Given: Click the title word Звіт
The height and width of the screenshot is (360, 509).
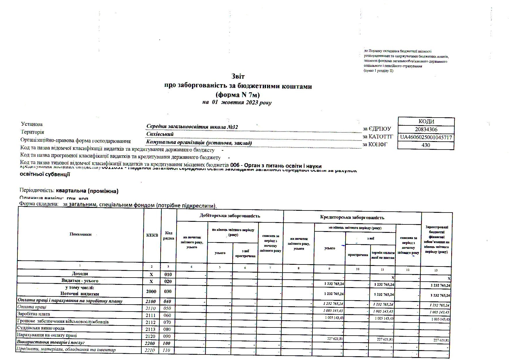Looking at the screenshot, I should click(x=238, y=76).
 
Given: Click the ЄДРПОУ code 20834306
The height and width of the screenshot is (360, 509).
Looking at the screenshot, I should click(x=426, y=129).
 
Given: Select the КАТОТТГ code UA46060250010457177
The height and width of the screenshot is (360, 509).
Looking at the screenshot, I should click(x=426, y=137).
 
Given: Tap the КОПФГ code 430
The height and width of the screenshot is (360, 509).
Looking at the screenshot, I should click(x=426, y=145).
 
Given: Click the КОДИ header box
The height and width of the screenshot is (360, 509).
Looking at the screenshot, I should click(x=426, y=121).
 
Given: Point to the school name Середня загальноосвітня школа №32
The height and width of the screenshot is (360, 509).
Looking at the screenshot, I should click(x=192, y=127).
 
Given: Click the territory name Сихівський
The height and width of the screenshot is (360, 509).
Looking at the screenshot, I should click(x=160, y=134).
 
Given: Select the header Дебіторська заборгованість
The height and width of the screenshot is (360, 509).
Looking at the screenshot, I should click(x=230, y=216).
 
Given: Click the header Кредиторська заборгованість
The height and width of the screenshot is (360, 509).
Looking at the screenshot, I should click(x=352, y=217).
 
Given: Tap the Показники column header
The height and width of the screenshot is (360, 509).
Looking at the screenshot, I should click(x=80, y=234).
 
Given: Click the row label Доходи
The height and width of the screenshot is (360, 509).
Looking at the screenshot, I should click(x=80, y=274).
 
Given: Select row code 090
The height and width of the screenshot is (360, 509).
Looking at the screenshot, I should click(x=168, y=336).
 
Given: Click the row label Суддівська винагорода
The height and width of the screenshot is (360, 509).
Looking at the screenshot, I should click(x=41, y=328).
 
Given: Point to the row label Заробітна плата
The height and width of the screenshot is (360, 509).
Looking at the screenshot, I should click(x=33, y=314).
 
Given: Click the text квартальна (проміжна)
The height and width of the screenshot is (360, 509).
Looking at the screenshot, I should click(x=87, y=191).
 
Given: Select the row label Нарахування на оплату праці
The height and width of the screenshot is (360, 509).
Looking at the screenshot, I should click(x=47, y=335).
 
